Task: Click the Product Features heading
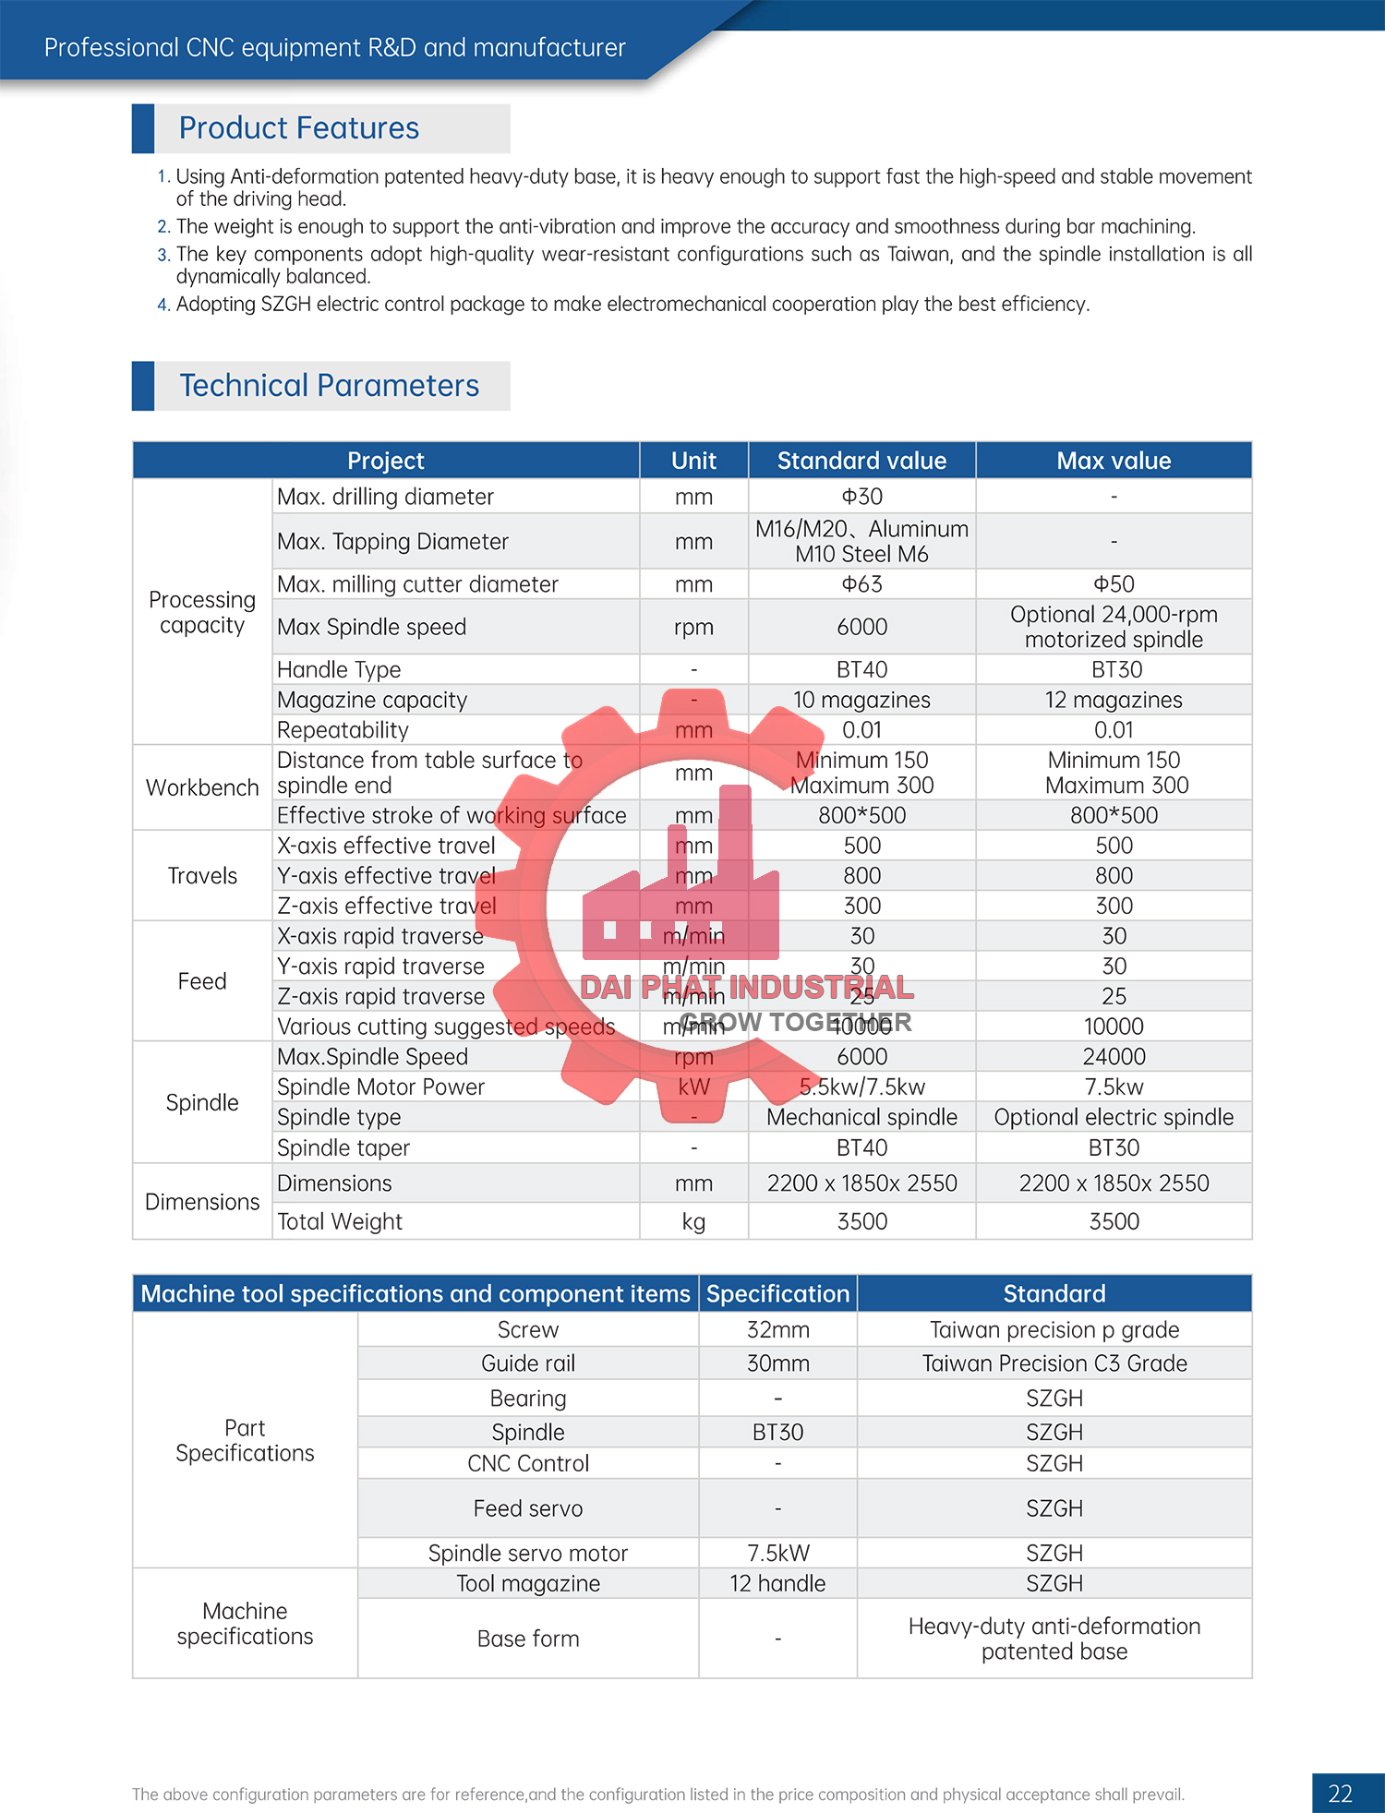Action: [298, 128]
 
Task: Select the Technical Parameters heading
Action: [329, 386]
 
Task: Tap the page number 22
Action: [1340, 1794]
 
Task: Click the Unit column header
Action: [693, 461]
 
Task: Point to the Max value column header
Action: [1114, 461]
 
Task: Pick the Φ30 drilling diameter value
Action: [861, 497]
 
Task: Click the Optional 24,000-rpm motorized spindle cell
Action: [1114, 627]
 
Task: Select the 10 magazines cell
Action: [861, 700]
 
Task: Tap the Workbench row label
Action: [202, 787]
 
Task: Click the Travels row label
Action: [202, 875]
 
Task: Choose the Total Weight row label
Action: [340, 1221]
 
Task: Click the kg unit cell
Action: [693, 1221]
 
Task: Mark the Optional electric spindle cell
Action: [1114, 1117]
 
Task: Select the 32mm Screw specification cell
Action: [777, 1329]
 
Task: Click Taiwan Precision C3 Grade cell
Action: [1054, 1363]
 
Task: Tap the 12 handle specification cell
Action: [777, 1583]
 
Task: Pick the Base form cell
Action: [528, 1639]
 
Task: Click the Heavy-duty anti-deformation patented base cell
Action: [1054, 1639]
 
